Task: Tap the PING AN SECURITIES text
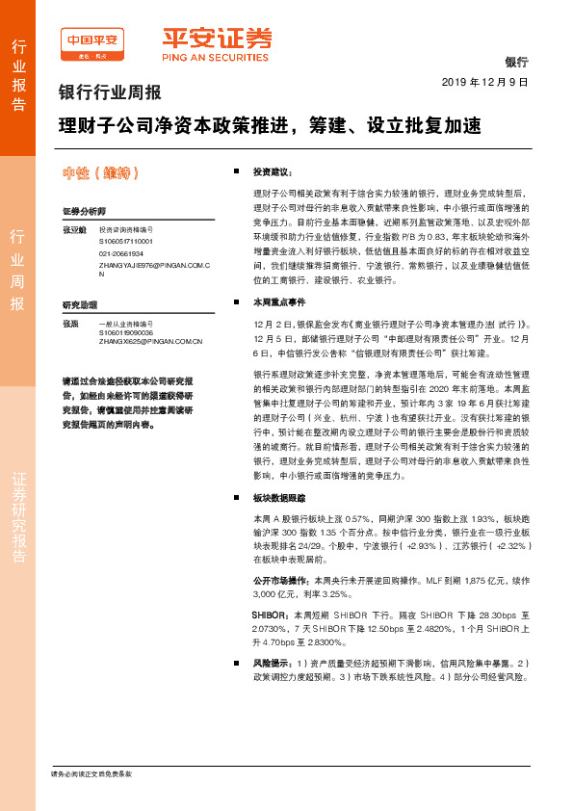[215, 57]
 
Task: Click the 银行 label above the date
[516, 62]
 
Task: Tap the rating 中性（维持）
[101, 172]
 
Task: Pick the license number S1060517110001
[125, 241]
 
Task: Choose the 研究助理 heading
[80, 304]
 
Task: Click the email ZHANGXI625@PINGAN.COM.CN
[150, 341]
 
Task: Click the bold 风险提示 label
[272, 664]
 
